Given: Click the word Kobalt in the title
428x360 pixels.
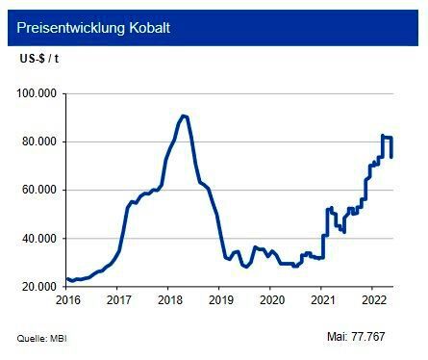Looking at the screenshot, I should [x=149, y=28].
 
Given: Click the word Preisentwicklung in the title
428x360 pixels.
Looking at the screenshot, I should [x=70, y=28].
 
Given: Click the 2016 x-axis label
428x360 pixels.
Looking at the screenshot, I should [x=66, y=300].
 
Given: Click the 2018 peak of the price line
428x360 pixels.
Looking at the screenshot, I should [x=184, y=116].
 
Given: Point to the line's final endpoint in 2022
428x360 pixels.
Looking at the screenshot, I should [x=391, y=156].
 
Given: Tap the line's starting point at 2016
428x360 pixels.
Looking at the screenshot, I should [x=66, y=279].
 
